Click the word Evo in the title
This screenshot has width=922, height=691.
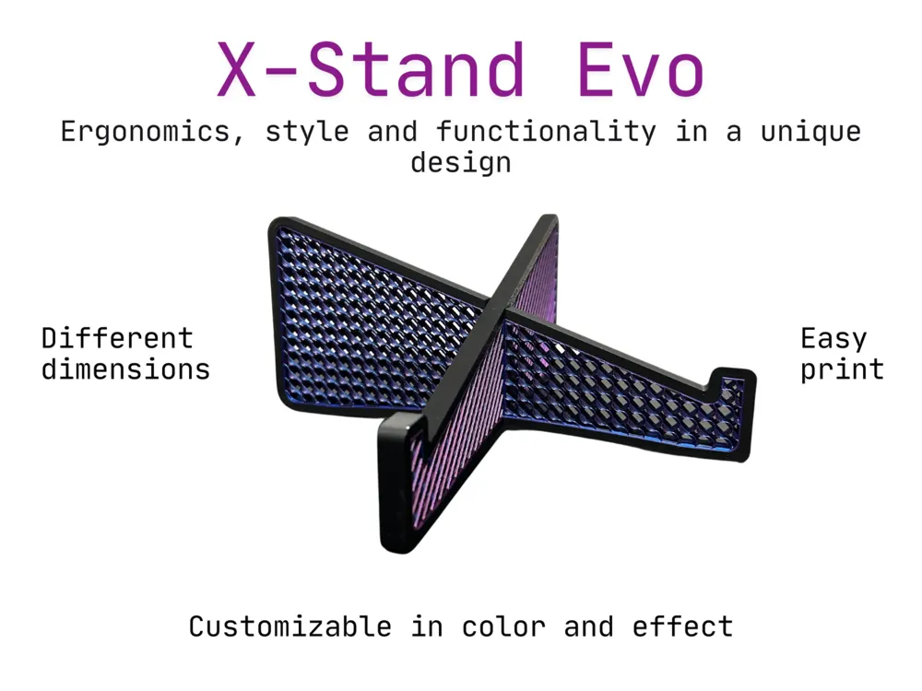pyautogui.click(x=641, y=69)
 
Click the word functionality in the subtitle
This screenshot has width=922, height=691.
pyautogui.click(x=546, y=131)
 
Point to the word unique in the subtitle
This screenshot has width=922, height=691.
pyautogui.click(x=810, y=132)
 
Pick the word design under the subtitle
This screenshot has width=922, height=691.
pyautogui.click(x=461, y=161)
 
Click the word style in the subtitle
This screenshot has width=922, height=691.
pyautogui.click(x=307, y=132)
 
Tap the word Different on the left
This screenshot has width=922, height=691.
pyautogui.click(x=117, y=338)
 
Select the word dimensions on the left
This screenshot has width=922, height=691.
pyautogui.click(x=125, y=369)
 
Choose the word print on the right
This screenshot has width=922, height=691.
pyautogui.click(x=842, y=370)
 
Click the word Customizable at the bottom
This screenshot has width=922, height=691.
pyautogui.click(x=290, y=627)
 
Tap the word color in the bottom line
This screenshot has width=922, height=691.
pyautogui.click(x=503, y=627)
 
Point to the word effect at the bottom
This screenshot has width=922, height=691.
pyautogui.click(x=682, y=627)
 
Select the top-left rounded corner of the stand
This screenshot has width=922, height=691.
pyautogui.click(x=278, y=227)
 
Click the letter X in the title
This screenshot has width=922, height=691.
pyautogui.click(x=236, y=69)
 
